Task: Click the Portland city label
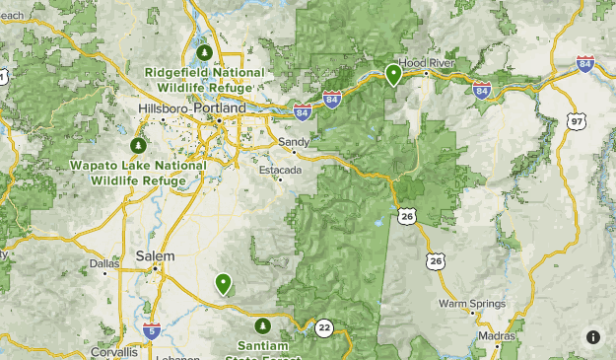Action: tap(222, 107)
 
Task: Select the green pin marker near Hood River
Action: tap(393, 74)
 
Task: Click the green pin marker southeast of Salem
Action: tap(224, 284)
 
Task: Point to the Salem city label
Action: tap(155, 256)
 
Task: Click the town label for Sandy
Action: tap(294, 142)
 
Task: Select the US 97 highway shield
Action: tap(576, 121)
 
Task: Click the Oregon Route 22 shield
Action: tap(324, 327)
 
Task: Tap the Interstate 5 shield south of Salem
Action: tap(151, 330)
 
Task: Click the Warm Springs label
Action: tap(471, 304)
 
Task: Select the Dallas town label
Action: tap(103, 264)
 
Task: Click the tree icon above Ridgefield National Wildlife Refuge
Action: tap(205, 52)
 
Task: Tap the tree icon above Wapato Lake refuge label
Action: tap(138, 146)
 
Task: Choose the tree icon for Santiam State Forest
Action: tap(262, 325)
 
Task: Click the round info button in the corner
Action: tap(593, 337)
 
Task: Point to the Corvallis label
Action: tap(115, 351)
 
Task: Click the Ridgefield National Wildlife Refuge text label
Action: tap(205, 79)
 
